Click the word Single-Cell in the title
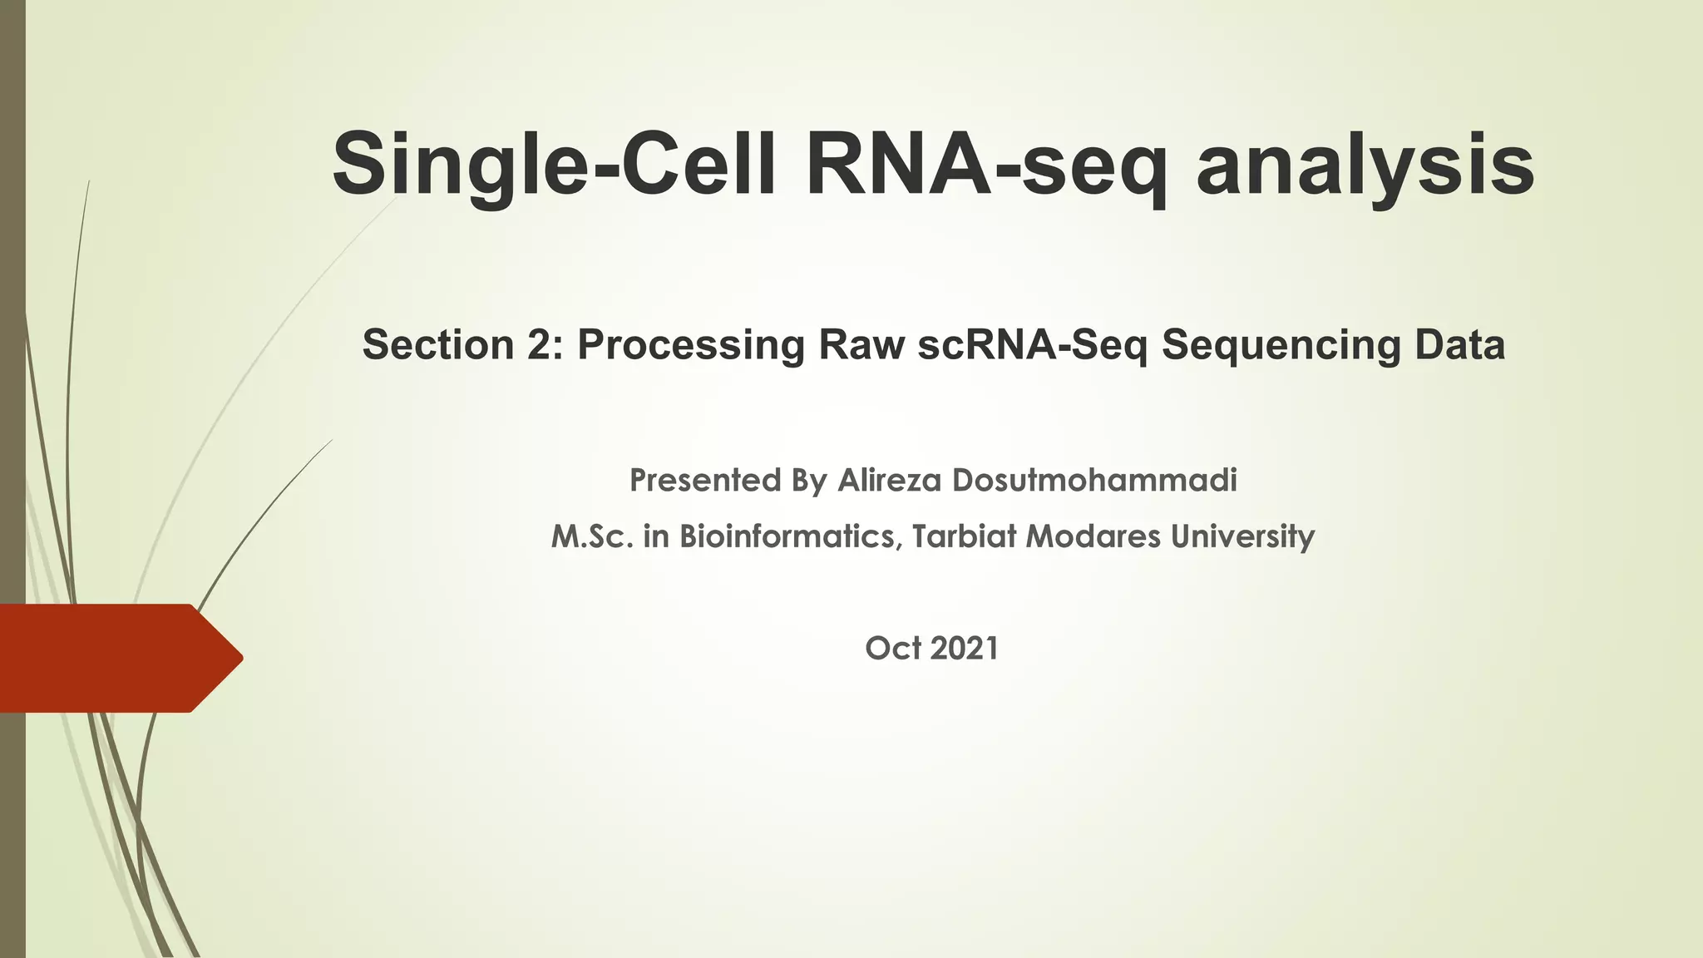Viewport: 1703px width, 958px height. click(x=554, y=165)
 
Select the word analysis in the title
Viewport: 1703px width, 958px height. click(x=1365, y=165)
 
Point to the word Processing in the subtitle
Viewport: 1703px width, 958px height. click(x=691, y=344)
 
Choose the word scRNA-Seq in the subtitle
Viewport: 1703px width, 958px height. click(x=1032, y=344)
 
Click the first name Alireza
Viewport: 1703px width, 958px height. click(x=889, y=481)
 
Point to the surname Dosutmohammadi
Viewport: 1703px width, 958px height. click(x=1094, y=481)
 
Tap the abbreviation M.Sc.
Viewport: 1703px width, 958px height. click(x=592, y=536)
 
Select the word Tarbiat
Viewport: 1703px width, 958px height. click(x=964, y=536)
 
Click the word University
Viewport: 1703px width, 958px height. click(x=1242, y=536)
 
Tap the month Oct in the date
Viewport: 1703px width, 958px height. click(x=893, y=649)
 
